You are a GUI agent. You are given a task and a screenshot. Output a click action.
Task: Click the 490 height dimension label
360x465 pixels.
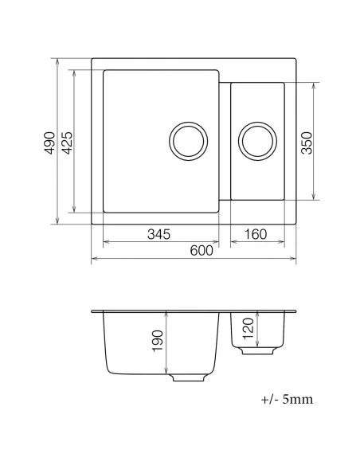(x=50, y=141)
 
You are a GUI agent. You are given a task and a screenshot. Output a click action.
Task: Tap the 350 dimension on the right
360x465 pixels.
(x=308, y=141)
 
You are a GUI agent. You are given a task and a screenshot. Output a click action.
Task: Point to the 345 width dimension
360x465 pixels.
(x=160, y=234)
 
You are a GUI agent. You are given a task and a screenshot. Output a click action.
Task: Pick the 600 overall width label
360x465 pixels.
(x=201, y=250)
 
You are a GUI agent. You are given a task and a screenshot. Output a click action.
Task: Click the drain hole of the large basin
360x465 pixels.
(x=188, y=141)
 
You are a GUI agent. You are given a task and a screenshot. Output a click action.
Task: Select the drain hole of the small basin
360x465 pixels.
(x=256, y=141)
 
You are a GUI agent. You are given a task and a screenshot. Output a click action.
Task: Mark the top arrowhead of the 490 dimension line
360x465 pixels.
(x=59, y=61)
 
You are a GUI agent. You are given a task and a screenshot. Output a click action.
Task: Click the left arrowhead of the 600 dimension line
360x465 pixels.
(x=95, y=259)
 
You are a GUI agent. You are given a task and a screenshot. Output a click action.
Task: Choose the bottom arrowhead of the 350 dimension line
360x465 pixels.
(x=316, y=197)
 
